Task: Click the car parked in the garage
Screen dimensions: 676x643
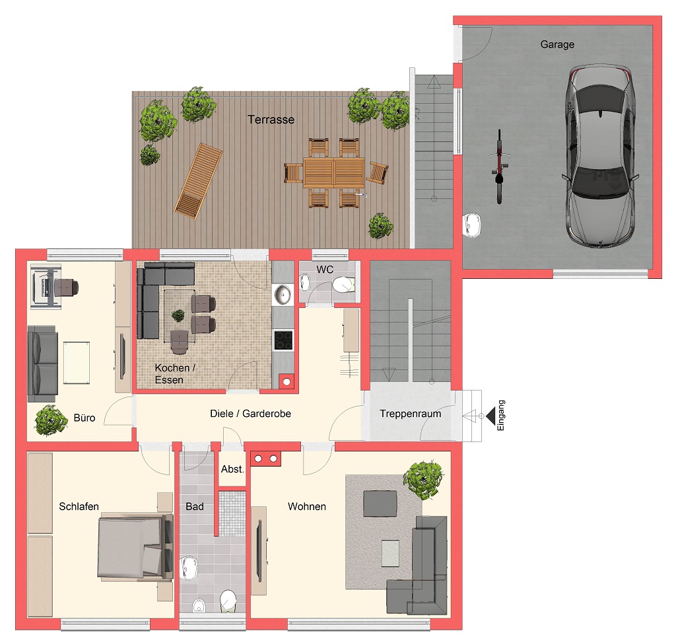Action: [600, 156]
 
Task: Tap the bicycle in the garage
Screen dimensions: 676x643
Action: [499, 167]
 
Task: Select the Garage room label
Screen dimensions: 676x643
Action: [557, 44]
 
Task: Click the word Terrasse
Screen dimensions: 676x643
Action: [271, 120]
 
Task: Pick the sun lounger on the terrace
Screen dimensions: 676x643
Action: [198, 181]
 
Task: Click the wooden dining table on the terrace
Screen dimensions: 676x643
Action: [333, 172]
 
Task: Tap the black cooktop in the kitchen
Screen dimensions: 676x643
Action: [283, 340]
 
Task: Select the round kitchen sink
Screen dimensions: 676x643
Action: [283, 294]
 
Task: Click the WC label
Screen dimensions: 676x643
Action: [325, 270]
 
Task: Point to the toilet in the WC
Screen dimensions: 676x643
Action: [343, 285]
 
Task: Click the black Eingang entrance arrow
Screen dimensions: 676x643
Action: [490, 416]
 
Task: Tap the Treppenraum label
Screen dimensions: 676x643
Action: [411, 414]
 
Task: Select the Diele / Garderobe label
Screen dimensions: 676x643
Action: [250, 414]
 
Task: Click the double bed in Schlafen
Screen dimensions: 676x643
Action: [135, 545]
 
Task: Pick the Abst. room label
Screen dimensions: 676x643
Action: [232, 469]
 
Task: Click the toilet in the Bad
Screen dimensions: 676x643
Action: [228, 601]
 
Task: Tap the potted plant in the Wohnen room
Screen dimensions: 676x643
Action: [423, 479]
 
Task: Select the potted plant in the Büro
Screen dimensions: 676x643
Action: [51, 420]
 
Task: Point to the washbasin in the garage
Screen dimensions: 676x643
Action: [472, 225]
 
